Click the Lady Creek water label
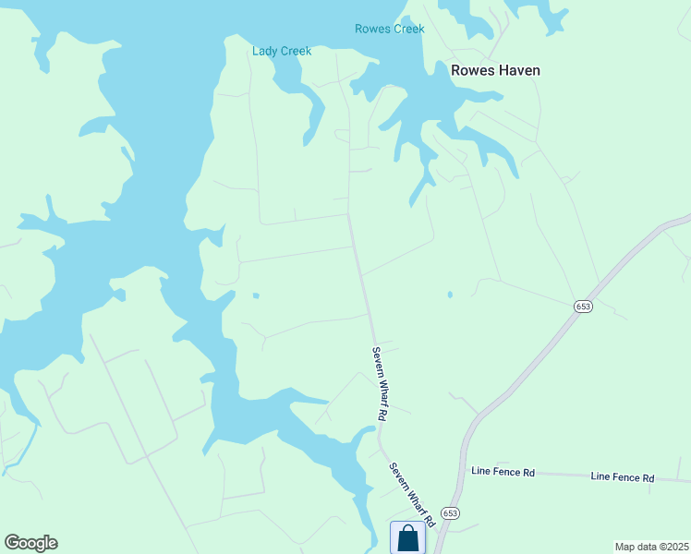pos(282,51)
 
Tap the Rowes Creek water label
pos(390,29)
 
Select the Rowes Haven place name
pos(494,70)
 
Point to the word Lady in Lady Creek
pos(265,51)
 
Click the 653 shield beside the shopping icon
pos(450,513)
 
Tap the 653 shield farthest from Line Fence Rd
pos(582,307)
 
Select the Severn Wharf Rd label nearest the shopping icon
pos(411,494)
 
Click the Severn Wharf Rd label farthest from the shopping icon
pos(378,383)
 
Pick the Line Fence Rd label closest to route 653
pos(503,472)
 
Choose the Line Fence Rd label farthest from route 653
pos(622,477)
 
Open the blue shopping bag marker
pos(407,538)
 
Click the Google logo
pos(30,543)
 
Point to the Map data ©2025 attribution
pos(651,546)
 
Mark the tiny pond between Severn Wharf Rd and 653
pos(450,295)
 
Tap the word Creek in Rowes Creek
pos(409,29)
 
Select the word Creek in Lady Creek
pos(296,51)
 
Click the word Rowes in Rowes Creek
pos(371,29)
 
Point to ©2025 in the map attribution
pos(671,546)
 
